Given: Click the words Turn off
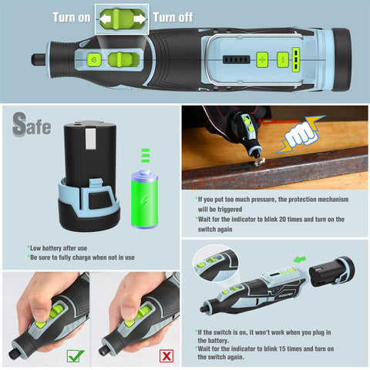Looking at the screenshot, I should (173, 16).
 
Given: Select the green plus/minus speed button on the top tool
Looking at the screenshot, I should (261, 59).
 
